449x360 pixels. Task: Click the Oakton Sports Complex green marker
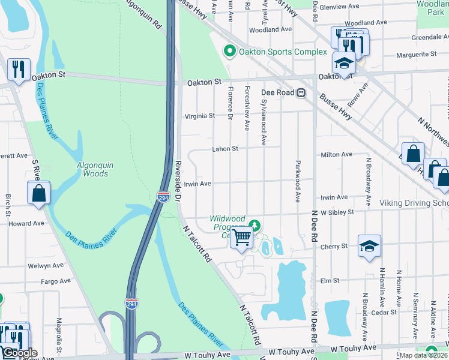coord(229,52)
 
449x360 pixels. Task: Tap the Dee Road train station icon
coord(301,93)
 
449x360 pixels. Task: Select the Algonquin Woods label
coord(92,169)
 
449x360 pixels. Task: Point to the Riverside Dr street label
coord(178,180)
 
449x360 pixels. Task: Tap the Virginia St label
coord(199,116)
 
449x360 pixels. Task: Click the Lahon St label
coord(224,149)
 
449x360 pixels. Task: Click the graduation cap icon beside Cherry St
coord(369,245)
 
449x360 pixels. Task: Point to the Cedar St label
coord(384,312)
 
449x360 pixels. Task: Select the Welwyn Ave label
coord(46,265)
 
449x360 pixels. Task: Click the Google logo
coord(19,353)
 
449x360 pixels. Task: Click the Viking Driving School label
coord(414,203)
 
